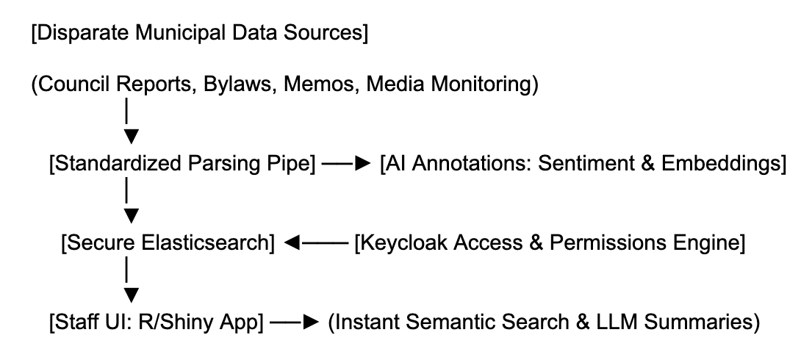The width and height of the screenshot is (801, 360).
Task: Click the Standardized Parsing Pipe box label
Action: click(182, 164)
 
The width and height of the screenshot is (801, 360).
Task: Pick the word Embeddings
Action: click(720, 164)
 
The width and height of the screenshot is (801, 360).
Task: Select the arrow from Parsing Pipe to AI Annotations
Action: click(346, 164)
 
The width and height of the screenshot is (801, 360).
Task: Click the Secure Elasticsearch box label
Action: click(168, 243)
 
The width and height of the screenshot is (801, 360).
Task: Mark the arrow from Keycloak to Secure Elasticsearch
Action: click(315, 243)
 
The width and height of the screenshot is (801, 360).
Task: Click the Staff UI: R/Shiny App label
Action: click(157, 323)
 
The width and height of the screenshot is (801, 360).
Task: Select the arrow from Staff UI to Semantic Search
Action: click(295, 323)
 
